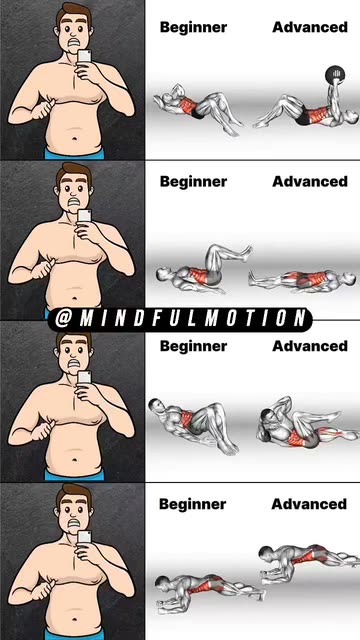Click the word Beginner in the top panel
click(x=193, y=27)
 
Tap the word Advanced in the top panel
click(x=309, y=27)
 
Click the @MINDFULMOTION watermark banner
click(x=180, y=318)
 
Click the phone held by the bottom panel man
click(x=84, y=538)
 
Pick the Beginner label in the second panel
click(x=193, y=182)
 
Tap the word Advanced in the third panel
click(x=309, y=346)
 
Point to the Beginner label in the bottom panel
click(x=193, y=505)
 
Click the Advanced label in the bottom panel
click(x=309, y=505)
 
